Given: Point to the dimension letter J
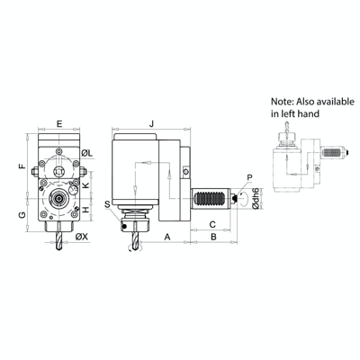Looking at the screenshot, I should [152, 122].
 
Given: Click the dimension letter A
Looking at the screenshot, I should [167, 237].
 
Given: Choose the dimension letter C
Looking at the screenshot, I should [213, 221].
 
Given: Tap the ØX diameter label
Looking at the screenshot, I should [81, 237].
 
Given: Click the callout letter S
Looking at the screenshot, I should [107, 205].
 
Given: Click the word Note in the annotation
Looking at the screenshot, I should [283, 101].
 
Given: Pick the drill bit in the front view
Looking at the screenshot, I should [58, 237].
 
